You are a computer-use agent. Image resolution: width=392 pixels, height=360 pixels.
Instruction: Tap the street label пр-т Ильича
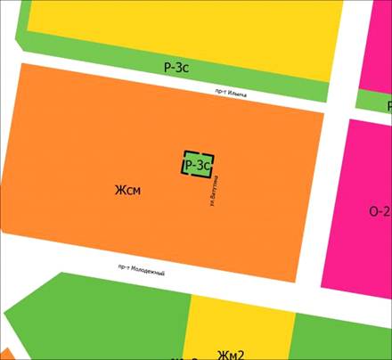(x=230, y=93)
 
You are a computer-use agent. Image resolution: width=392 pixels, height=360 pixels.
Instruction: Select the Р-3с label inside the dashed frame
(x=197, y=165)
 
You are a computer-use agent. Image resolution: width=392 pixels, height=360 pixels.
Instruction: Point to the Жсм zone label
(x=128, y=190)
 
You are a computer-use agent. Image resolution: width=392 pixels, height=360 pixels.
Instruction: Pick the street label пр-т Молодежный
(x=141, y=270)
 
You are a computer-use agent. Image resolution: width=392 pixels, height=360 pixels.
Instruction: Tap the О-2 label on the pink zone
(x=379, y=211)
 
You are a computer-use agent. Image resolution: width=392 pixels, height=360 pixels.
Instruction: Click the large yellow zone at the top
(x=178, y=27)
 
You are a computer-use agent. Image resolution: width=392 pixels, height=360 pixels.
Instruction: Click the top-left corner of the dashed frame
(x=184, y=152)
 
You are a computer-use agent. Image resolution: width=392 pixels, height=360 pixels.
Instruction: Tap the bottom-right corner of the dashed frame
(x=212, y=176)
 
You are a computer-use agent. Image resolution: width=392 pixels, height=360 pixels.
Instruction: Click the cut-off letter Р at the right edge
(x=388, y=104)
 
